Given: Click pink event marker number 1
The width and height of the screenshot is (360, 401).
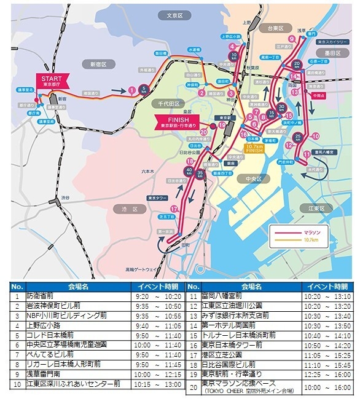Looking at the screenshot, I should pos(131,91).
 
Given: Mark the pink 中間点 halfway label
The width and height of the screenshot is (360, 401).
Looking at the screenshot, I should pos(318,96).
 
